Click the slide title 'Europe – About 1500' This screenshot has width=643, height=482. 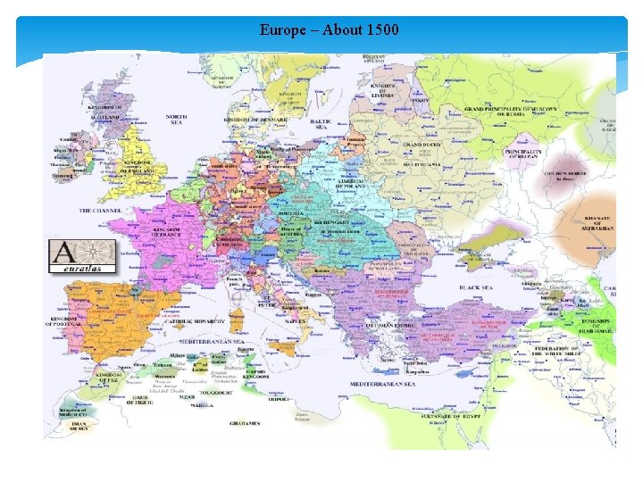(x=330, y=29)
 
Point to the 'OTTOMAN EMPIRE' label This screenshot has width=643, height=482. (x=366, y=325)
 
